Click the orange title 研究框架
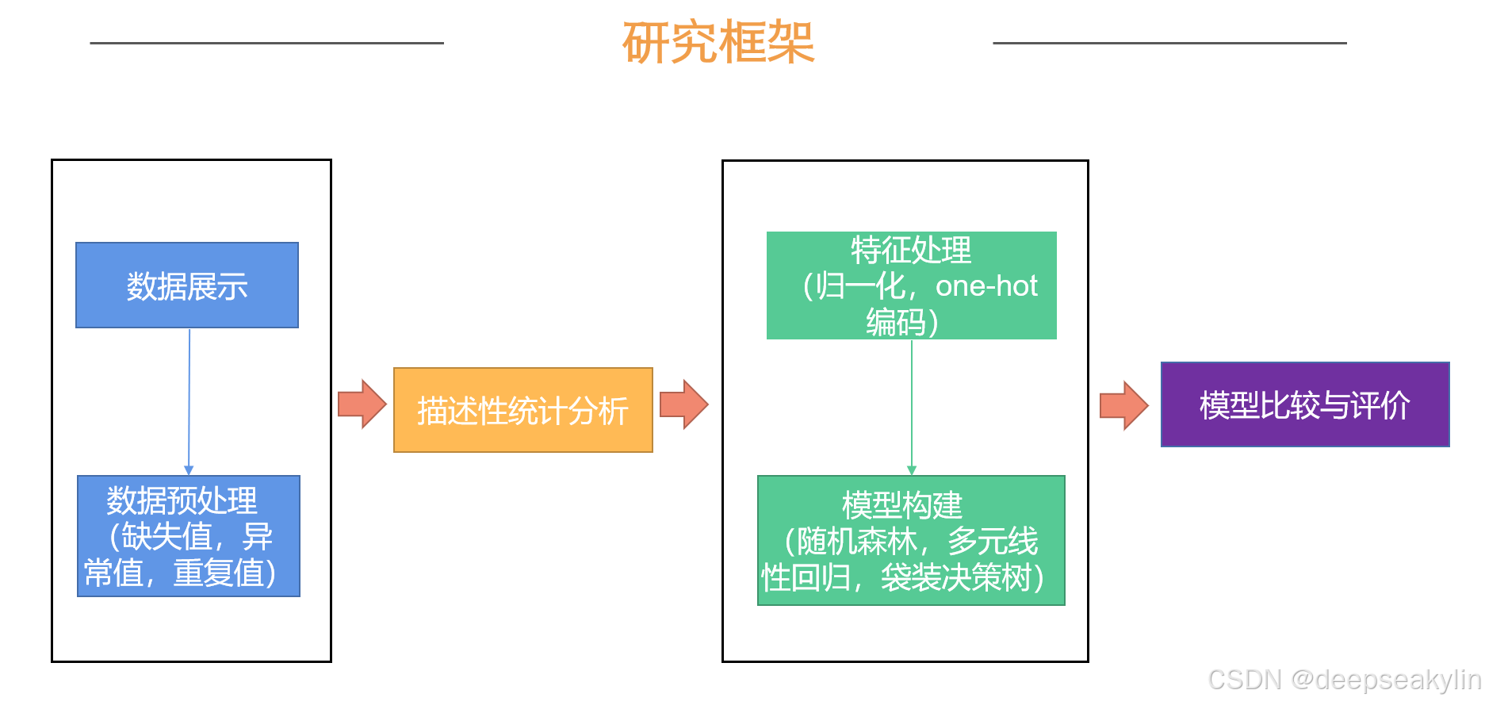click(x=718, y=43)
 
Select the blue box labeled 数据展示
click(x=187, y=285)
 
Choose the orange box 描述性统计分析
click(x=522, y=410)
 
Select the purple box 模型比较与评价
click(x=1304, y=404)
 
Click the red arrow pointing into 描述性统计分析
click(x=362, y=404)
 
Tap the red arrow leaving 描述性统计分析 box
click(x=683, y=404)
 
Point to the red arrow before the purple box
click(x=1123, y=405)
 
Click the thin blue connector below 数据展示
click(x=189, y=400)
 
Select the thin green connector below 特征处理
click(x=912, y=406)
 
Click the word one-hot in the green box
click(x=986, y=286)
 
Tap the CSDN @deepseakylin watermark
click(x=1344, y=680)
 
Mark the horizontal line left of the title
click(x=266, y=43)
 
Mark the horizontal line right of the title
click(x=1169, y=43)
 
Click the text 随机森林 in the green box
click(x=857, y=542)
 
